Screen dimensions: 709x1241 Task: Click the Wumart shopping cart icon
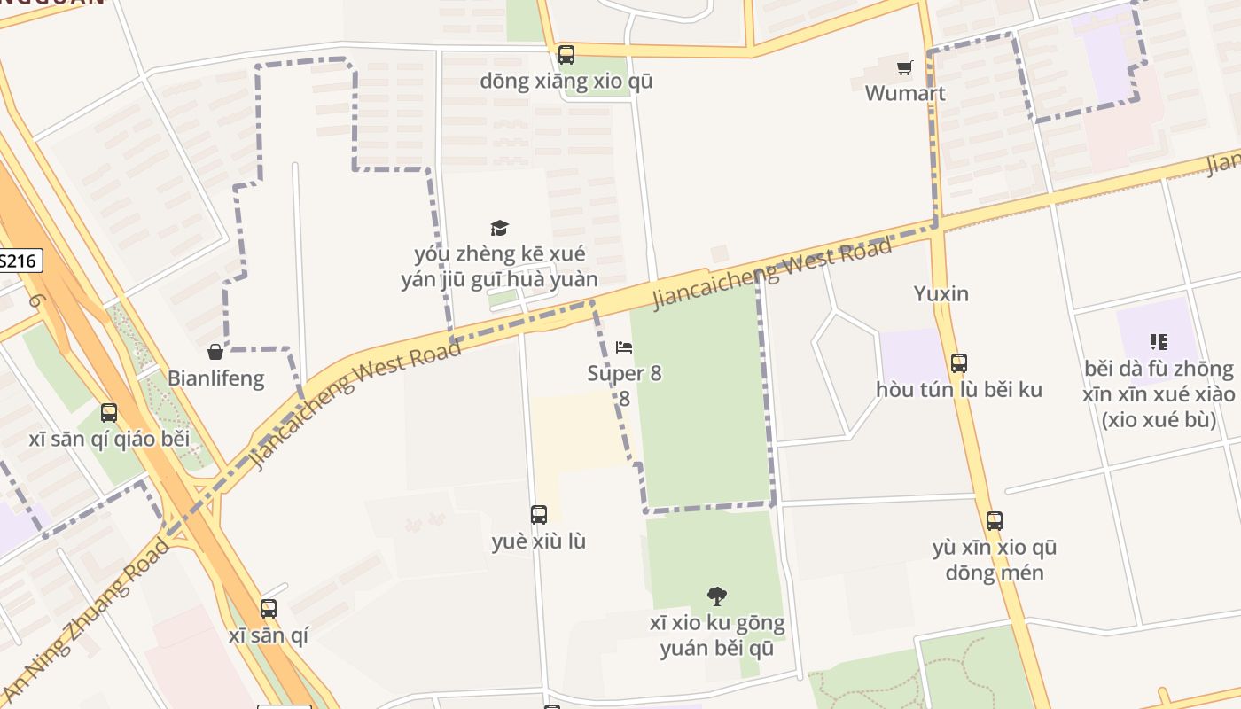(x=904, y=67)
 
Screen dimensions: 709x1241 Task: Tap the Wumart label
(x=904, y=93)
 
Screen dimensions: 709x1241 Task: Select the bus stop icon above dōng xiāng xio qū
(x=566, y=55)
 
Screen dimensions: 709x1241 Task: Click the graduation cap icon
(x=500, y=228)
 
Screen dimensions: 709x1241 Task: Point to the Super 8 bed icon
(x=624, y=347)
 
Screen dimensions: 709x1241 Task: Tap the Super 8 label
(x=624, y=373)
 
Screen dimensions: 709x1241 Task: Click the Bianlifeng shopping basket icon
(x=215, y=353)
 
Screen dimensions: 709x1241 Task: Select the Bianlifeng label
(x=215, y=378)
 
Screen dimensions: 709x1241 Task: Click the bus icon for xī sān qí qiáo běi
(x=109, y=413)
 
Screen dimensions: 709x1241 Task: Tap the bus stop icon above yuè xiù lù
(x=538, y=515)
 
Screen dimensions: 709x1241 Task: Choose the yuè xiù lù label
(x=538, y=541)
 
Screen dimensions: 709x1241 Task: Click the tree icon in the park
(x=716, y=596)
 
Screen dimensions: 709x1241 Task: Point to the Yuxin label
(x=941, y=293)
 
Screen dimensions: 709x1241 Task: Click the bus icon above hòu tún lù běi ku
(x=958, y=363)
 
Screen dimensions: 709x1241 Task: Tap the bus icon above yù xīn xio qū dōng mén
(x=994, y=521)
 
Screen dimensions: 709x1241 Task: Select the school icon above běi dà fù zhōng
(x=1158, y=342)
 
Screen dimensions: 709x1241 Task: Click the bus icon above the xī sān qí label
(x=268, y=609)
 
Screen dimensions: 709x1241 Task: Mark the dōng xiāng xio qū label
(x=566, y=82)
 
